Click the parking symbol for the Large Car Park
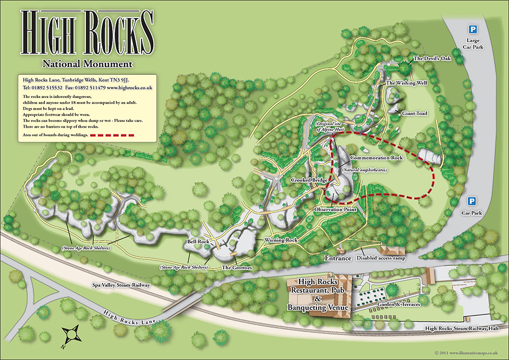(470, 29)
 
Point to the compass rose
(71, 336)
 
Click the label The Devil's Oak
(432, 58)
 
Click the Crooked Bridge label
(309, 180)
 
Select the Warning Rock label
(281, 240)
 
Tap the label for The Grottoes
(236, 268)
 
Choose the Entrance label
(338, 258)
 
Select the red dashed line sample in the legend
(114, 136)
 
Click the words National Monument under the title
(87, 64)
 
